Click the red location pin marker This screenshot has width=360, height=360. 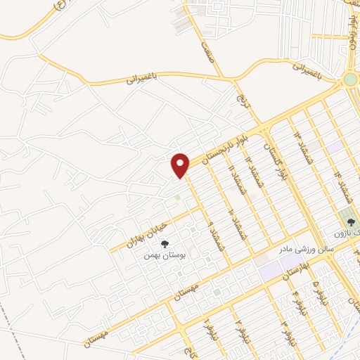[x=181, y=165]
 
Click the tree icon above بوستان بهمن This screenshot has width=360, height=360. [x=165, y=244]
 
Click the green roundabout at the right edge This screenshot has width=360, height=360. [x=349, y=79]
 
